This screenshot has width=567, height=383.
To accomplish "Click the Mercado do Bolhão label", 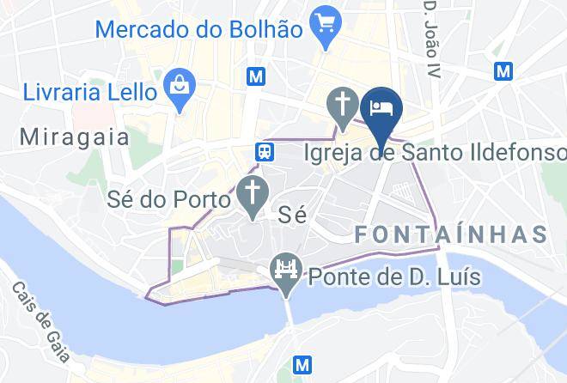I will point(198,27).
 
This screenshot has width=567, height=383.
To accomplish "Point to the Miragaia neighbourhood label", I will point(74,136).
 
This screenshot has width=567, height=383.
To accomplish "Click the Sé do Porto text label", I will point(169,199).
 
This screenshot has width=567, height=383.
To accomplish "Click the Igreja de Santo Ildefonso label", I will point(436,153).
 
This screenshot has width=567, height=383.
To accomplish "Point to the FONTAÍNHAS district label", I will point(451,234).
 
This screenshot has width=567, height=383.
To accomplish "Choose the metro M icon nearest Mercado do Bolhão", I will point(255,76).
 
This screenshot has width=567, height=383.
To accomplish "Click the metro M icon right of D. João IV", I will point(503,70).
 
